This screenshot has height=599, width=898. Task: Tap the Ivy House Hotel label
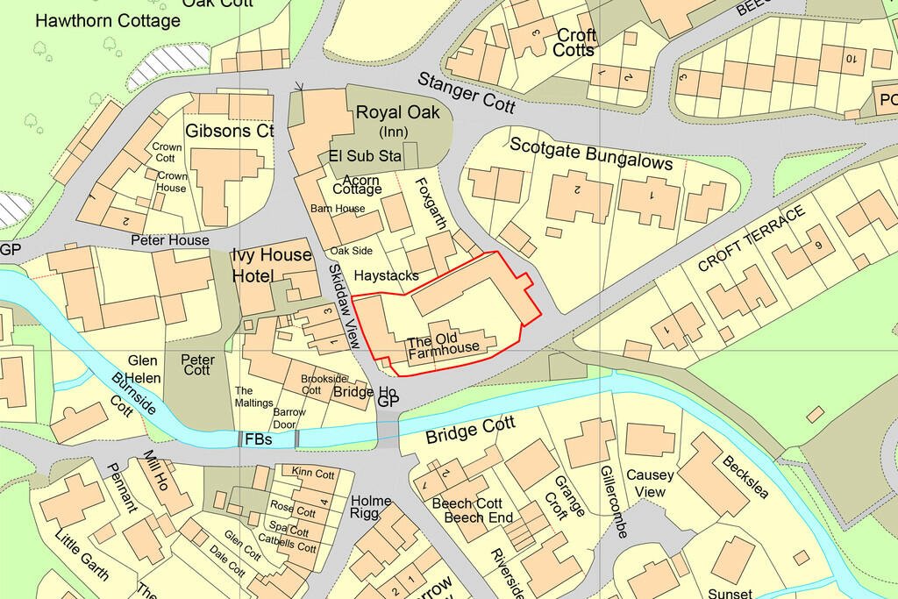271,265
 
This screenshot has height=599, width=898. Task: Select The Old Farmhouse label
444,343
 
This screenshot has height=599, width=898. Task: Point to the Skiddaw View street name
344,306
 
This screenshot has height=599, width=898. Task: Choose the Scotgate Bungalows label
591,154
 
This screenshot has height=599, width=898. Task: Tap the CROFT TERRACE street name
751,239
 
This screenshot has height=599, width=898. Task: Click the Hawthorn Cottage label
108,20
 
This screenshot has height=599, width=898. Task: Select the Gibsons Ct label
230,132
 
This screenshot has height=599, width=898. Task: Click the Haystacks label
387,275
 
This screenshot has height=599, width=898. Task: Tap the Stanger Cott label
466,92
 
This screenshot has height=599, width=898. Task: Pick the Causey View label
651,483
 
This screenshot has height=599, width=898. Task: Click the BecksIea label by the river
745,477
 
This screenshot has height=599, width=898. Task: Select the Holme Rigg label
371,508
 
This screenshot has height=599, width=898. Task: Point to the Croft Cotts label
574,43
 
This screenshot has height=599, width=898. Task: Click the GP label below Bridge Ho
388,402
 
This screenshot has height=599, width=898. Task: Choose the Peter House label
170,239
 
